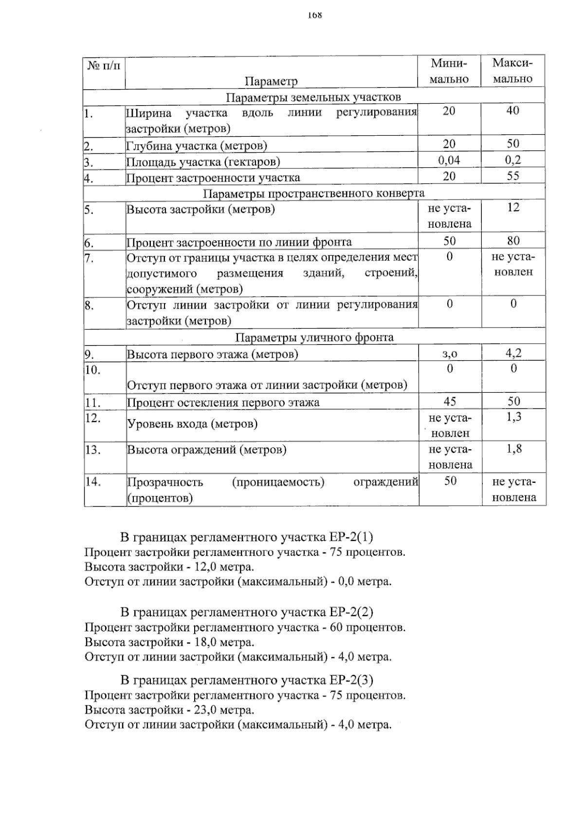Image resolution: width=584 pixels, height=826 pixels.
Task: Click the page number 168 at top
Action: coord(315,15)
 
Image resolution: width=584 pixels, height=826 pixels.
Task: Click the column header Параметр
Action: coord(271,81)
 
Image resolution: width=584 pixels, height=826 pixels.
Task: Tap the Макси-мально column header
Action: coord(512,71)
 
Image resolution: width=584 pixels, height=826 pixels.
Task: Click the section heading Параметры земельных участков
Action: coord(313,97)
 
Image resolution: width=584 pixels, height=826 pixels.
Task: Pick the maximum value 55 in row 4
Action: coord(513,176)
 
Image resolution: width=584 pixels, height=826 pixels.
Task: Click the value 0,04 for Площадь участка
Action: coord(449,160)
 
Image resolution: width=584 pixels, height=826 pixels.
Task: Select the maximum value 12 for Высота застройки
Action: coord(513,208)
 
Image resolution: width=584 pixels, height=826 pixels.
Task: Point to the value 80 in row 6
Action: coord(513,240)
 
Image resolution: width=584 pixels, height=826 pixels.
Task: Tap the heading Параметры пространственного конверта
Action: coord(313,193)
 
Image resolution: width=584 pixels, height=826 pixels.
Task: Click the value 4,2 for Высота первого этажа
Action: coord(513,353)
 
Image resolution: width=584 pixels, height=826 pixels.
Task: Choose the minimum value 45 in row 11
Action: coord(450,401)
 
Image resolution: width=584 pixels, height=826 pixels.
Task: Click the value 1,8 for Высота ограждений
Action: coord(514,449)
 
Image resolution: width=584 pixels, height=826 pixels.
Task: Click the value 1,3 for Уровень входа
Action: coord(514,417)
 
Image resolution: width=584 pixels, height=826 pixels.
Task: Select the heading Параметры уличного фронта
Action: coord(314,337)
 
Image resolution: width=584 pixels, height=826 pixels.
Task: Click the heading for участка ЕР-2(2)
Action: coord(247,612)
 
